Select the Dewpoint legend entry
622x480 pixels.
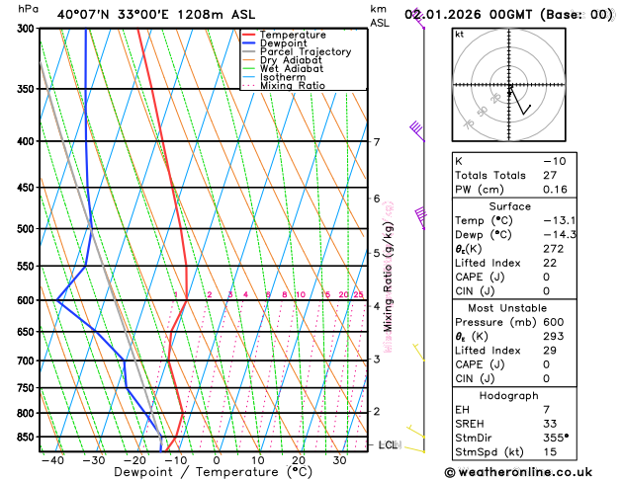288,43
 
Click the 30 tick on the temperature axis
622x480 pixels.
339,460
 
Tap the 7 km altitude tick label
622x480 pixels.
376,142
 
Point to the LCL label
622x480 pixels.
389,445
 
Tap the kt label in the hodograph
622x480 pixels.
459,34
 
